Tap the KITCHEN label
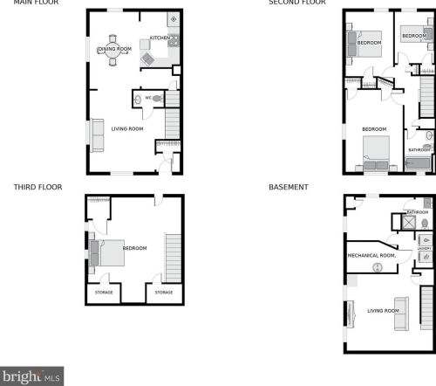tap(159, 38)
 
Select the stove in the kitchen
tap(174, 39)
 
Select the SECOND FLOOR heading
tap(297, 3)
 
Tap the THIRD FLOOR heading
tap(34, 187)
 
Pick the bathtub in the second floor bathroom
tap(419, 163)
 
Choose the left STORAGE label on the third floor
tap(102, 293)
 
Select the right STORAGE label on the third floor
tap(164, 293)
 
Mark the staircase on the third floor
tap(173, 258)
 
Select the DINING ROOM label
tap(114, 49)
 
